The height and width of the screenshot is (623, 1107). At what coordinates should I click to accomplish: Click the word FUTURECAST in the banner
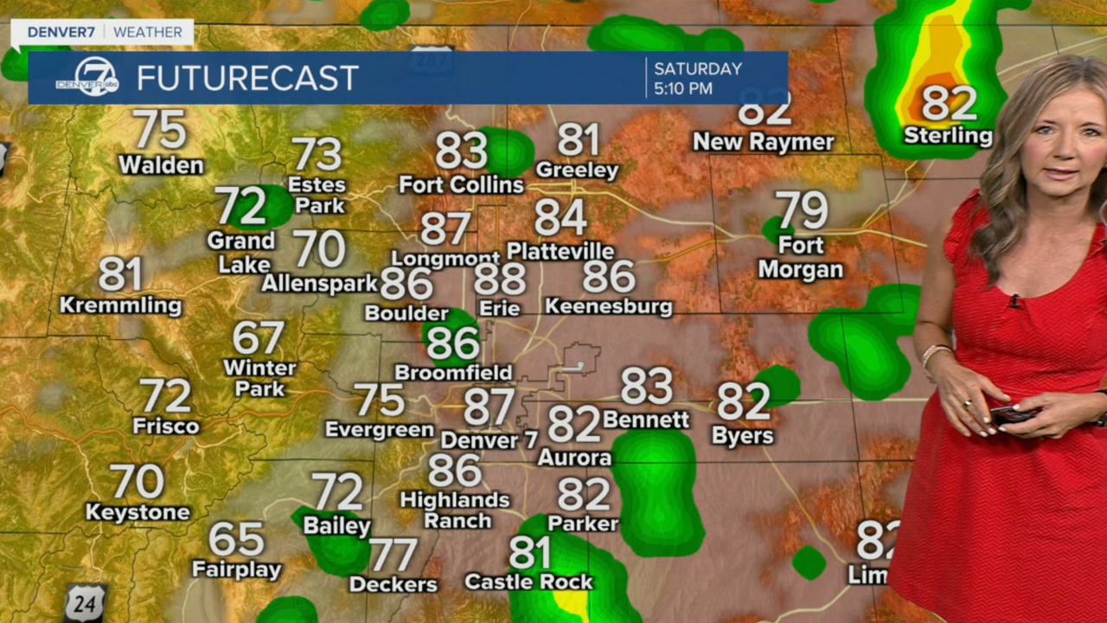(247, 79)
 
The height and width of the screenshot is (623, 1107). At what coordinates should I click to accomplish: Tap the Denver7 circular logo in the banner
(95, 77)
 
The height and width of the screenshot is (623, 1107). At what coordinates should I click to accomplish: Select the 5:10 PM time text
(683, 88)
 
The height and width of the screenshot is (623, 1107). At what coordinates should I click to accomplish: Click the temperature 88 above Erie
(500, 279)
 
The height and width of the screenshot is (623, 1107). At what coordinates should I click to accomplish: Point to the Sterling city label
(948, 136)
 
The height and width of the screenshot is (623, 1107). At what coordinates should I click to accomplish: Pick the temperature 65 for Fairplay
(236, 540)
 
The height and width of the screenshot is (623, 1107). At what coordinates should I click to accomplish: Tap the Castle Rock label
(528, 581)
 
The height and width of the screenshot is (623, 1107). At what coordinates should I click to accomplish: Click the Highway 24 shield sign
(86, 602)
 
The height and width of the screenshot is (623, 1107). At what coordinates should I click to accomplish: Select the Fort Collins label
(461, 185)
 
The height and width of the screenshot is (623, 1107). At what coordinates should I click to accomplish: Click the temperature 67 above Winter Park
(258, 338)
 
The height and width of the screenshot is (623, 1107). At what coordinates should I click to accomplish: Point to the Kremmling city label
(121, 305)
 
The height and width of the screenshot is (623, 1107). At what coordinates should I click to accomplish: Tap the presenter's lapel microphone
(1013, 301)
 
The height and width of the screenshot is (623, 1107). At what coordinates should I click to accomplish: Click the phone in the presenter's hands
(1012, 414)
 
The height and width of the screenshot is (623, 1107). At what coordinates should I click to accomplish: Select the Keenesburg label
(608, 306)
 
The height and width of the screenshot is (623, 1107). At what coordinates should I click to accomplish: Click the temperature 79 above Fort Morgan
(802, 211)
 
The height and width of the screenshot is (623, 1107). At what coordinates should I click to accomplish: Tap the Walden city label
(161, 164)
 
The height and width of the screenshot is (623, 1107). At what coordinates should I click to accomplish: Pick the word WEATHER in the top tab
(148, 32)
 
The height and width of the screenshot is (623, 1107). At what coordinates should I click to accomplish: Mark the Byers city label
(742, 435)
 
